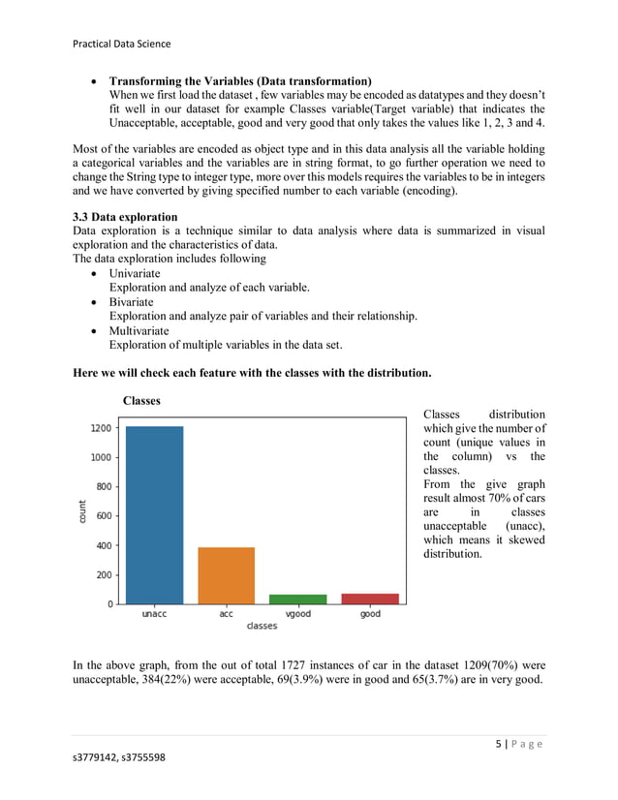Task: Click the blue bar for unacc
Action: tap(154, 514)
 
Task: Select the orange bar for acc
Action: tap(226, 575)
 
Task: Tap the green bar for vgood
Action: tap(298, 599)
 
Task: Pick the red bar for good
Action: tap(370, 599)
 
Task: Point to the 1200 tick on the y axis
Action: tap(103, 427)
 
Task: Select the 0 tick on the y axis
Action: tap(110, 603)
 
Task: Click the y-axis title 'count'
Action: tap(84, 511)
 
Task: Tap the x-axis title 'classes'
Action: tap(262, 627)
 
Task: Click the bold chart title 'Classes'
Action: tap(141, 400)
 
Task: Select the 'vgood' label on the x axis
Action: tap(298, 614)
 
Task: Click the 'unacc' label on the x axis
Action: tap(154, 614)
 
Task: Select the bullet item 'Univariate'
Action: tap(135, 274)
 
